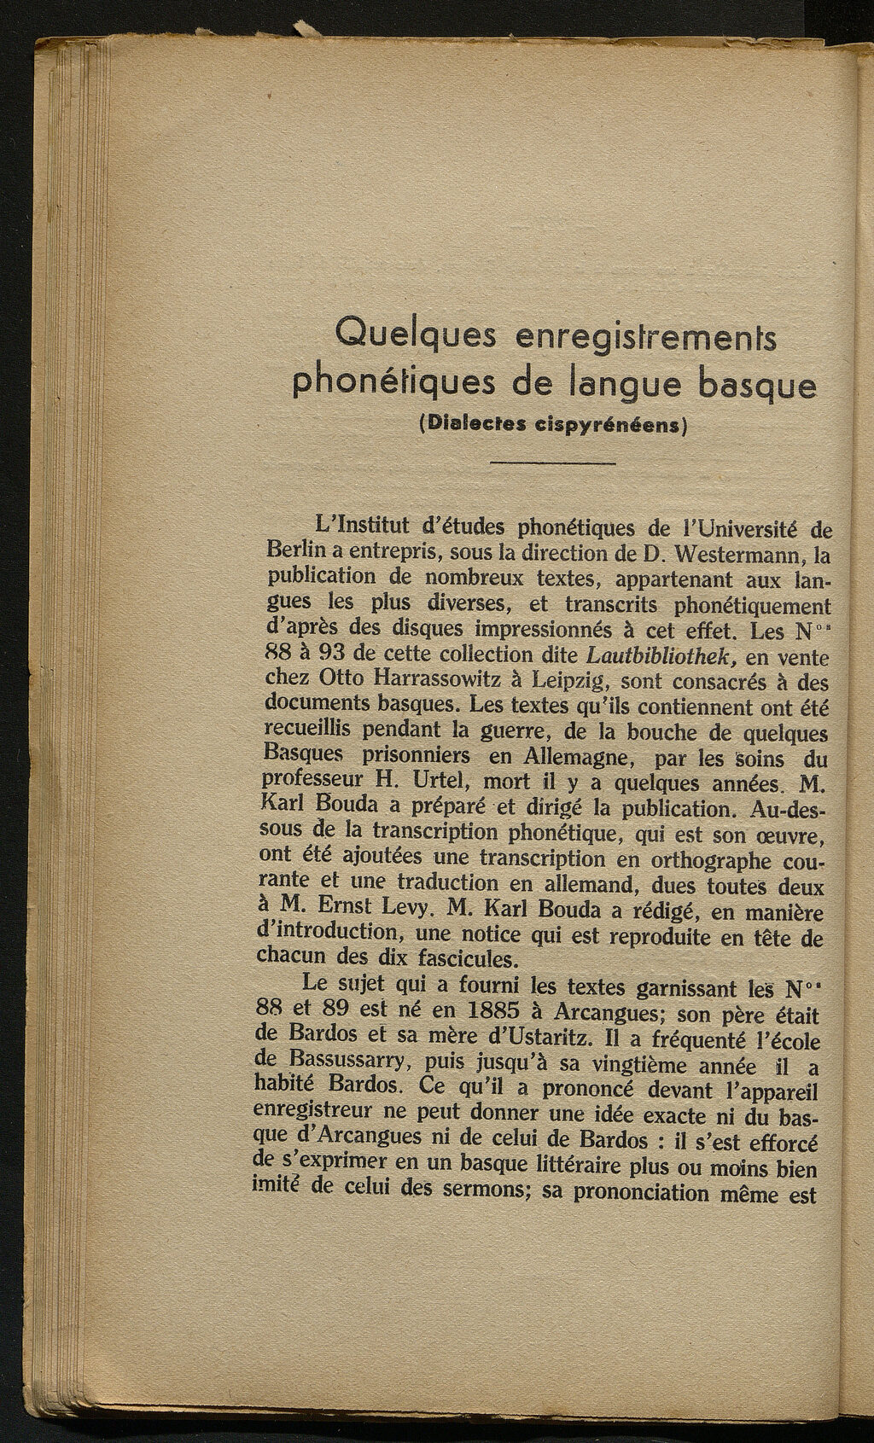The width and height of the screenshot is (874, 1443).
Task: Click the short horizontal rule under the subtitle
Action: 553,463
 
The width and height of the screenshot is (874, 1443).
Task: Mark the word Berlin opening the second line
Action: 291,553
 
